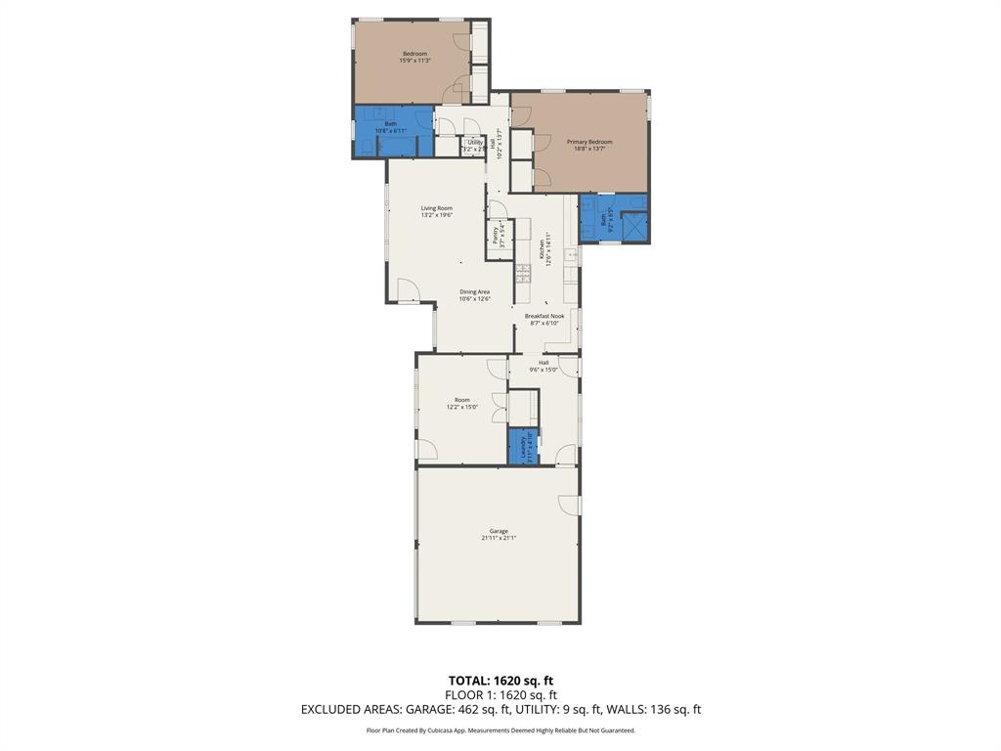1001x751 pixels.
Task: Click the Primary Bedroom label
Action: point(589,142)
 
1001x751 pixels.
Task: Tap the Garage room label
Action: point(499,531)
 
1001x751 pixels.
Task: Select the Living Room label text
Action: point(437,207)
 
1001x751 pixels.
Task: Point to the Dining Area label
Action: point(475,291)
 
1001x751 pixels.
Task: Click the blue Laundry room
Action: point(523,446)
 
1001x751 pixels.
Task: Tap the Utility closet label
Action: point(474,142)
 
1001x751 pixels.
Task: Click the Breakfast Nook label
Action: point(544,316)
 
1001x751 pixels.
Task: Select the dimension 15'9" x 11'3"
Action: point(414,61)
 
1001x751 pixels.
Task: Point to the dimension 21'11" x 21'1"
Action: point(499,538)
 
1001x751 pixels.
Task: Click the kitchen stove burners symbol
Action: point(523,273)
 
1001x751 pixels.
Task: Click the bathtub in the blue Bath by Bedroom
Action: point(398,147)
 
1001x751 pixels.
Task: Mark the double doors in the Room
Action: point(500,408)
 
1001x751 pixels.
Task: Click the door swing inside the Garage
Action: point(568,505)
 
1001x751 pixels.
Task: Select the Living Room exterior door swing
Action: point(409,290)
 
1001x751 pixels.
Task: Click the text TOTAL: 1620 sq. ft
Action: point(500,681)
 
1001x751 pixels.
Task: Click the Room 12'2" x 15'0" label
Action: point(462,403)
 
